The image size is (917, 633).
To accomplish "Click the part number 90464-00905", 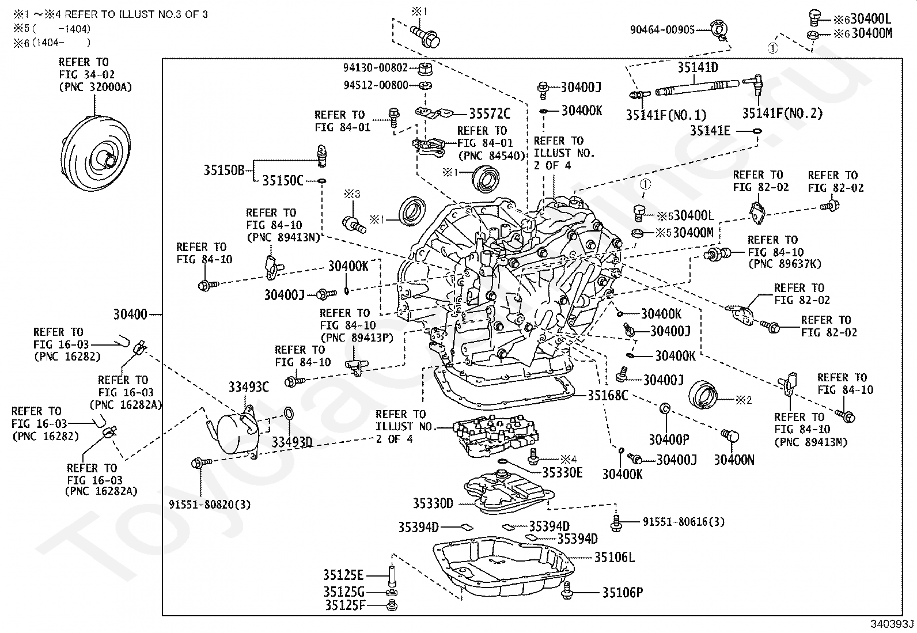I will [662, 29].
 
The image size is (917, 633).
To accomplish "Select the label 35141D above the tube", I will [698, 68].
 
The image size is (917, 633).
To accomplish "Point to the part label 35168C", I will [608, 395].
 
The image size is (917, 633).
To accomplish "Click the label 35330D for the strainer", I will [433, 503].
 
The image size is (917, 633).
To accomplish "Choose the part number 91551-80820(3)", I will [210, 505].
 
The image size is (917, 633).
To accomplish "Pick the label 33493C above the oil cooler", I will [249, 387].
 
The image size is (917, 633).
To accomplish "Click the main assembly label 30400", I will [130, 314].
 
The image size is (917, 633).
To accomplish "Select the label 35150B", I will [224, 170].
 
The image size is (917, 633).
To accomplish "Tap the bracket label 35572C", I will [490, 113].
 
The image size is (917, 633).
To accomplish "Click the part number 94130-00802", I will [376, 67].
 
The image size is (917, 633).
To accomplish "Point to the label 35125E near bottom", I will [343, 575].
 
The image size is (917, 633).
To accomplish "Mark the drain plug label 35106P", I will [623, 592].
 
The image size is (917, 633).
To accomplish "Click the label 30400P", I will [669, 440].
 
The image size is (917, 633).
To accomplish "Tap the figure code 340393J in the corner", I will [892, 624].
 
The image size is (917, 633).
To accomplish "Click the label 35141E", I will [710, 131].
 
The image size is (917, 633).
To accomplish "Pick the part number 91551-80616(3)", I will [684, 522].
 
